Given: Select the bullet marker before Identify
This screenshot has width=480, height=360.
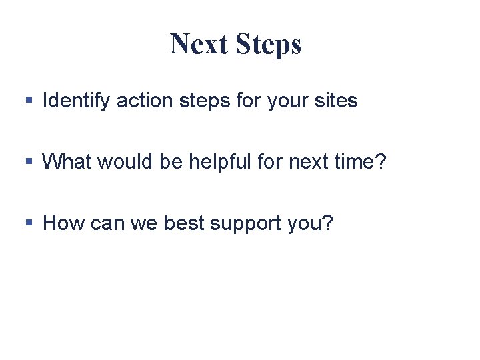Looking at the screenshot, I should coord(29,101).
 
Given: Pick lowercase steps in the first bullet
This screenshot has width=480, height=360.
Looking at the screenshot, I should coord(196,101).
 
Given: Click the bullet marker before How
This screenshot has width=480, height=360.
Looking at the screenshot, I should coord(29,223).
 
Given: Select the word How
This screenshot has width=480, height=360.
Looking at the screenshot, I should coord(61,223).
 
